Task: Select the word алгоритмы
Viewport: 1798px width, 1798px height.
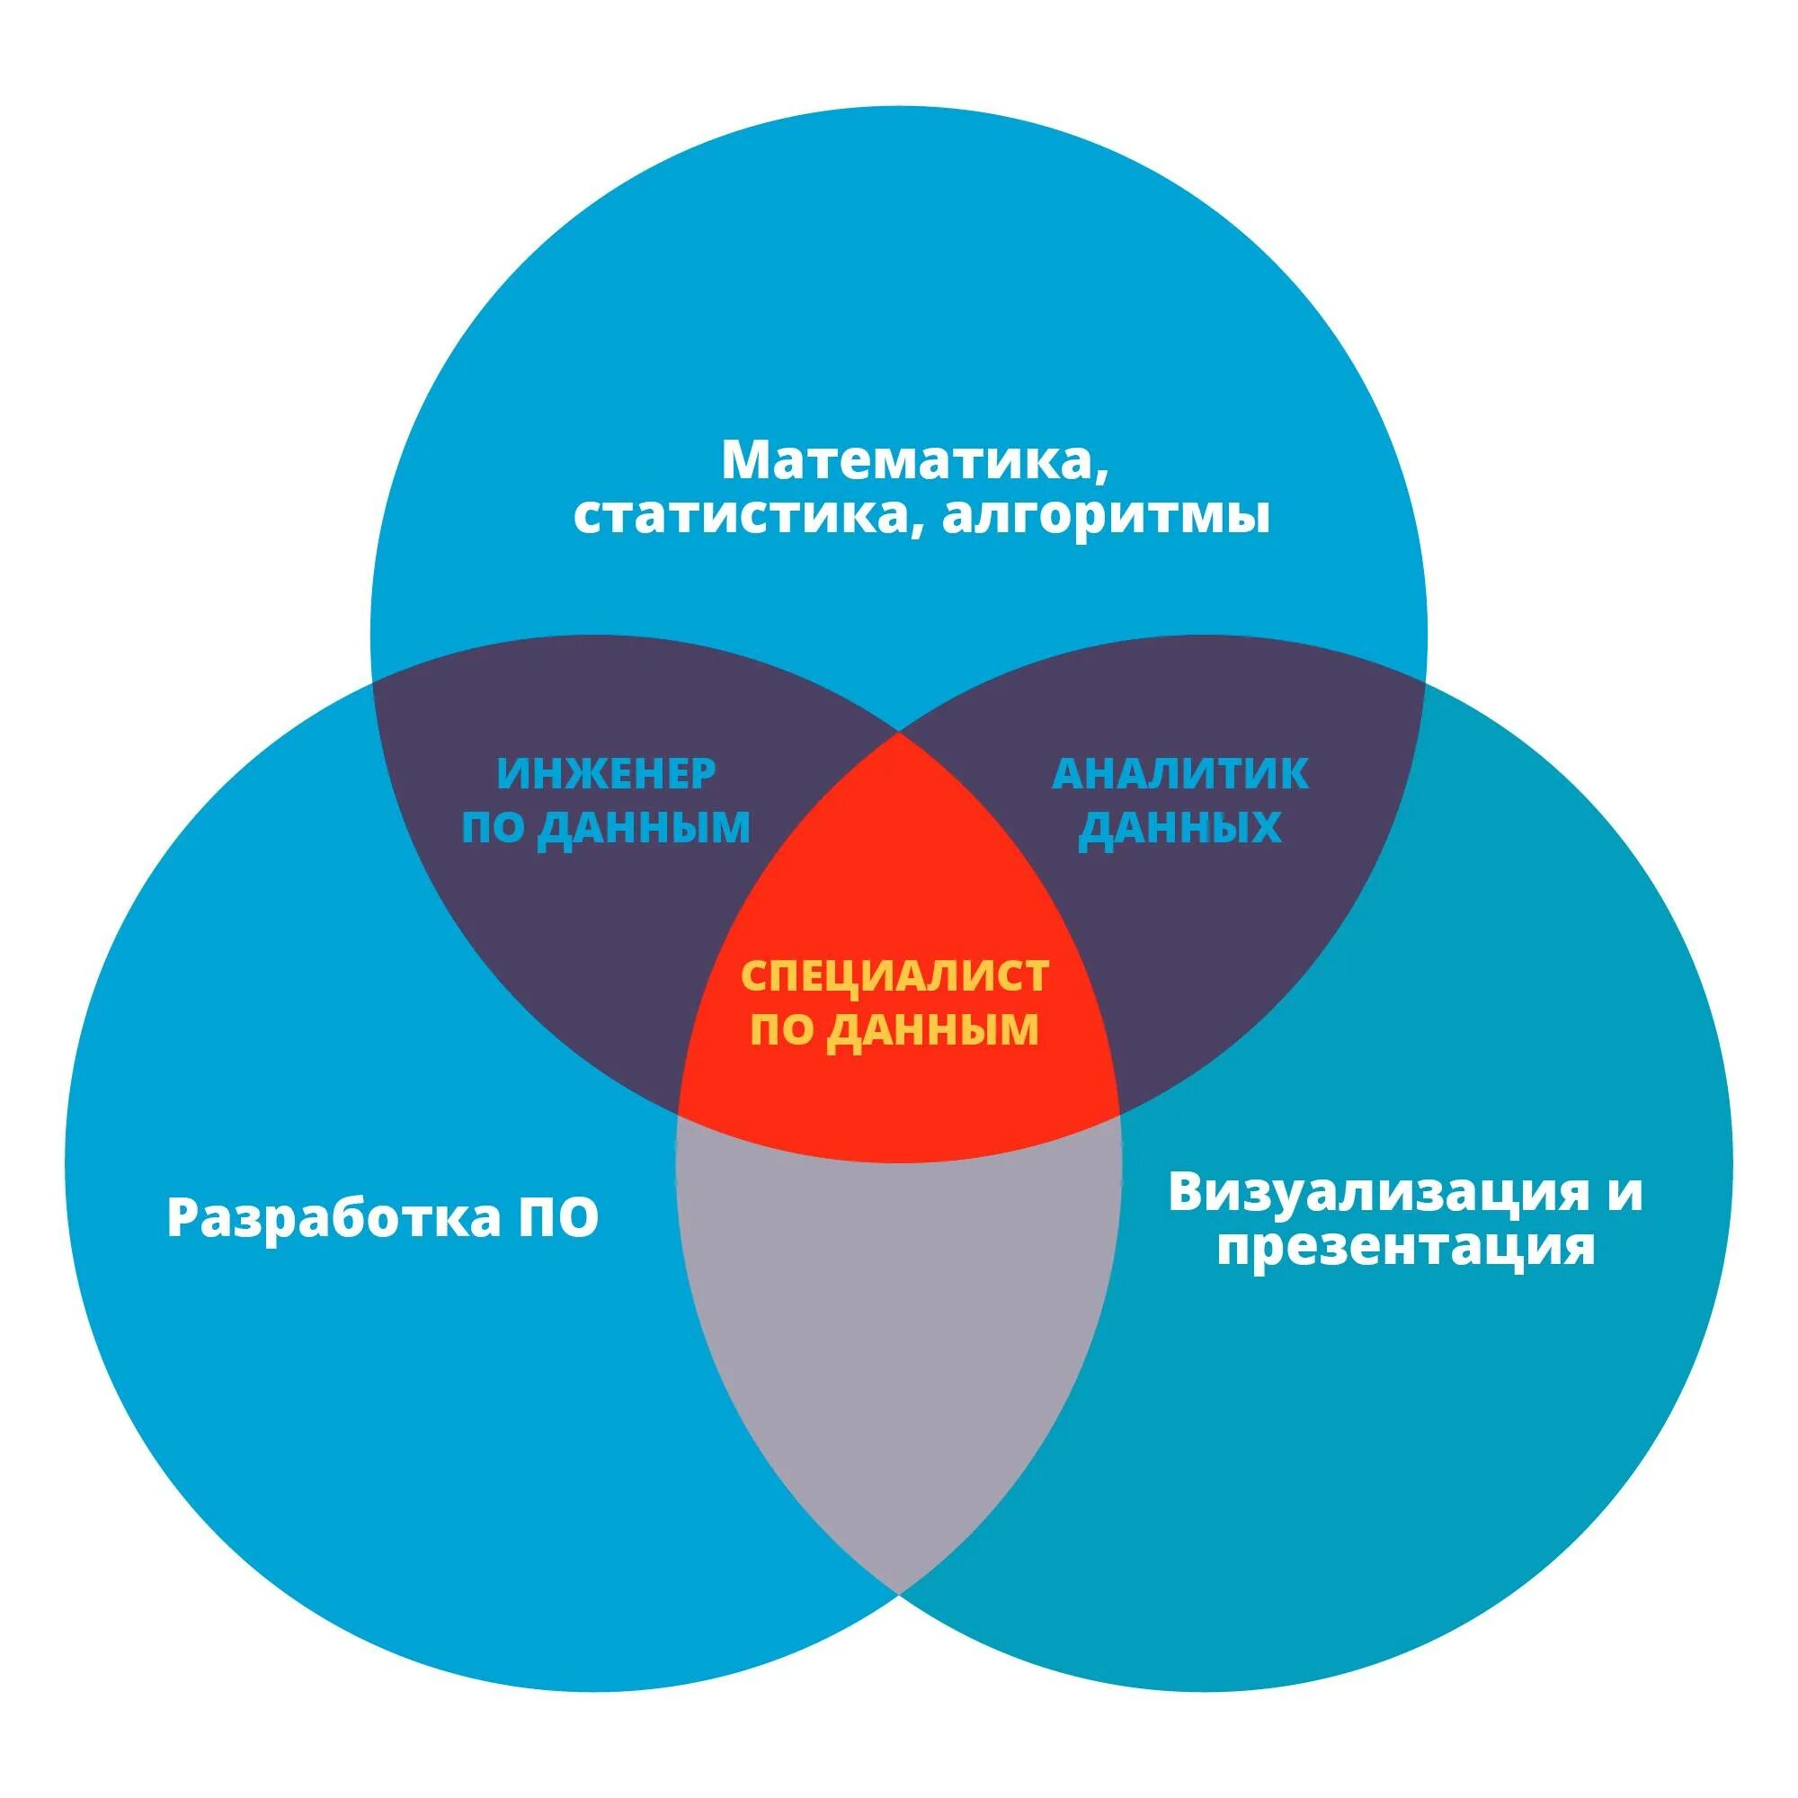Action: coord(1106,518)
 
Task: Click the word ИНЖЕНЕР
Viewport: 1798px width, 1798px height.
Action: coord(606,773)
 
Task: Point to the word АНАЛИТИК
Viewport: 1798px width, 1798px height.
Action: coord(1180,773)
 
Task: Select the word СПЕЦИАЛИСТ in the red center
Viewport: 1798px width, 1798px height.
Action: coord(895,975)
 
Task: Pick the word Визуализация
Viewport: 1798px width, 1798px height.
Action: coord(1376,1192)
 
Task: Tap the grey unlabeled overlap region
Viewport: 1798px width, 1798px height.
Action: coord(899,1322)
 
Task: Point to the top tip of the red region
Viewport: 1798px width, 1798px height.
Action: coord(899,735)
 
